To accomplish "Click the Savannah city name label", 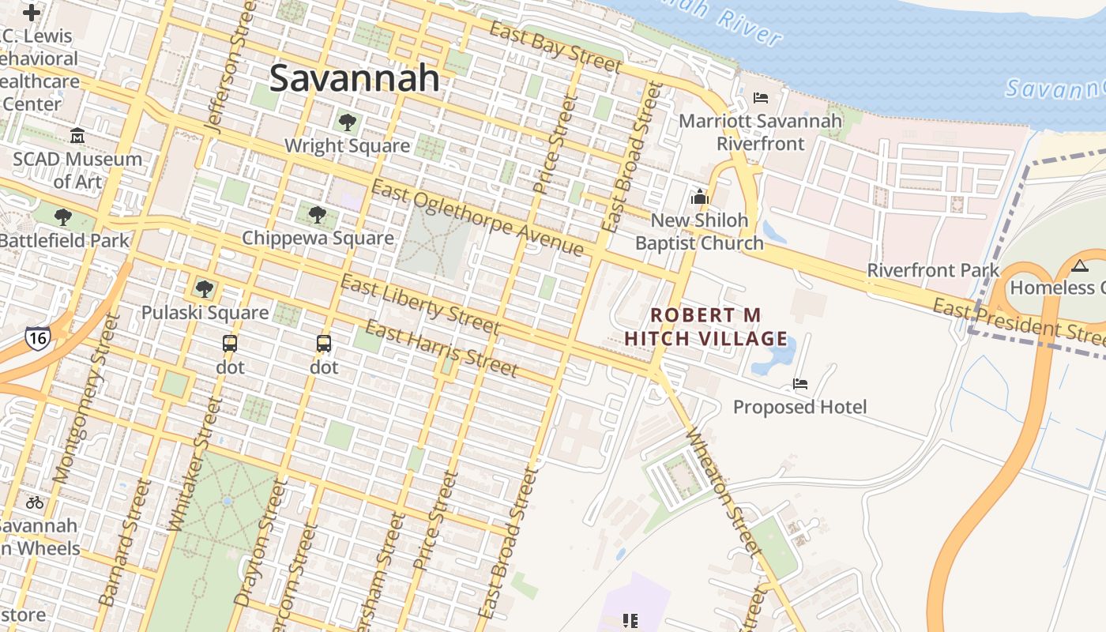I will tap(355, 78).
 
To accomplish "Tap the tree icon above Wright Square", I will tap(347, 122).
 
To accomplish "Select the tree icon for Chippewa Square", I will tap(317, 214).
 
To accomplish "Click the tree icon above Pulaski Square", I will tap(205, 289).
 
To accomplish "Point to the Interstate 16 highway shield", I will tap(37, 338).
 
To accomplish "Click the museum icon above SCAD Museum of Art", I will tap(77, 136).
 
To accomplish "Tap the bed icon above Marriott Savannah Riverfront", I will tap(761, 98).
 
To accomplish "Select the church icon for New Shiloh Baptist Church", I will tap(699, 197).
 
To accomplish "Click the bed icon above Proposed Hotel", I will tap(800, 384).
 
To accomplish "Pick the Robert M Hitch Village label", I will tap(705, 327).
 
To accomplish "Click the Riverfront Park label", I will tap(933, 270).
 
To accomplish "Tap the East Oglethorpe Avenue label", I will tap(478, 219).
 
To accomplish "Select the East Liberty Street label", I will tap(419, 304).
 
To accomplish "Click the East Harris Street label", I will tap(442, 348).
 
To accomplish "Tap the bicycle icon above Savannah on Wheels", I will tap(35, 502).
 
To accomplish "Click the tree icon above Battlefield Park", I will tap(63, 216).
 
